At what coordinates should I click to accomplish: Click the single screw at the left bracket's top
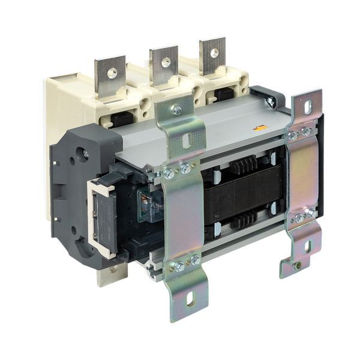click(x=176, y=110)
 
